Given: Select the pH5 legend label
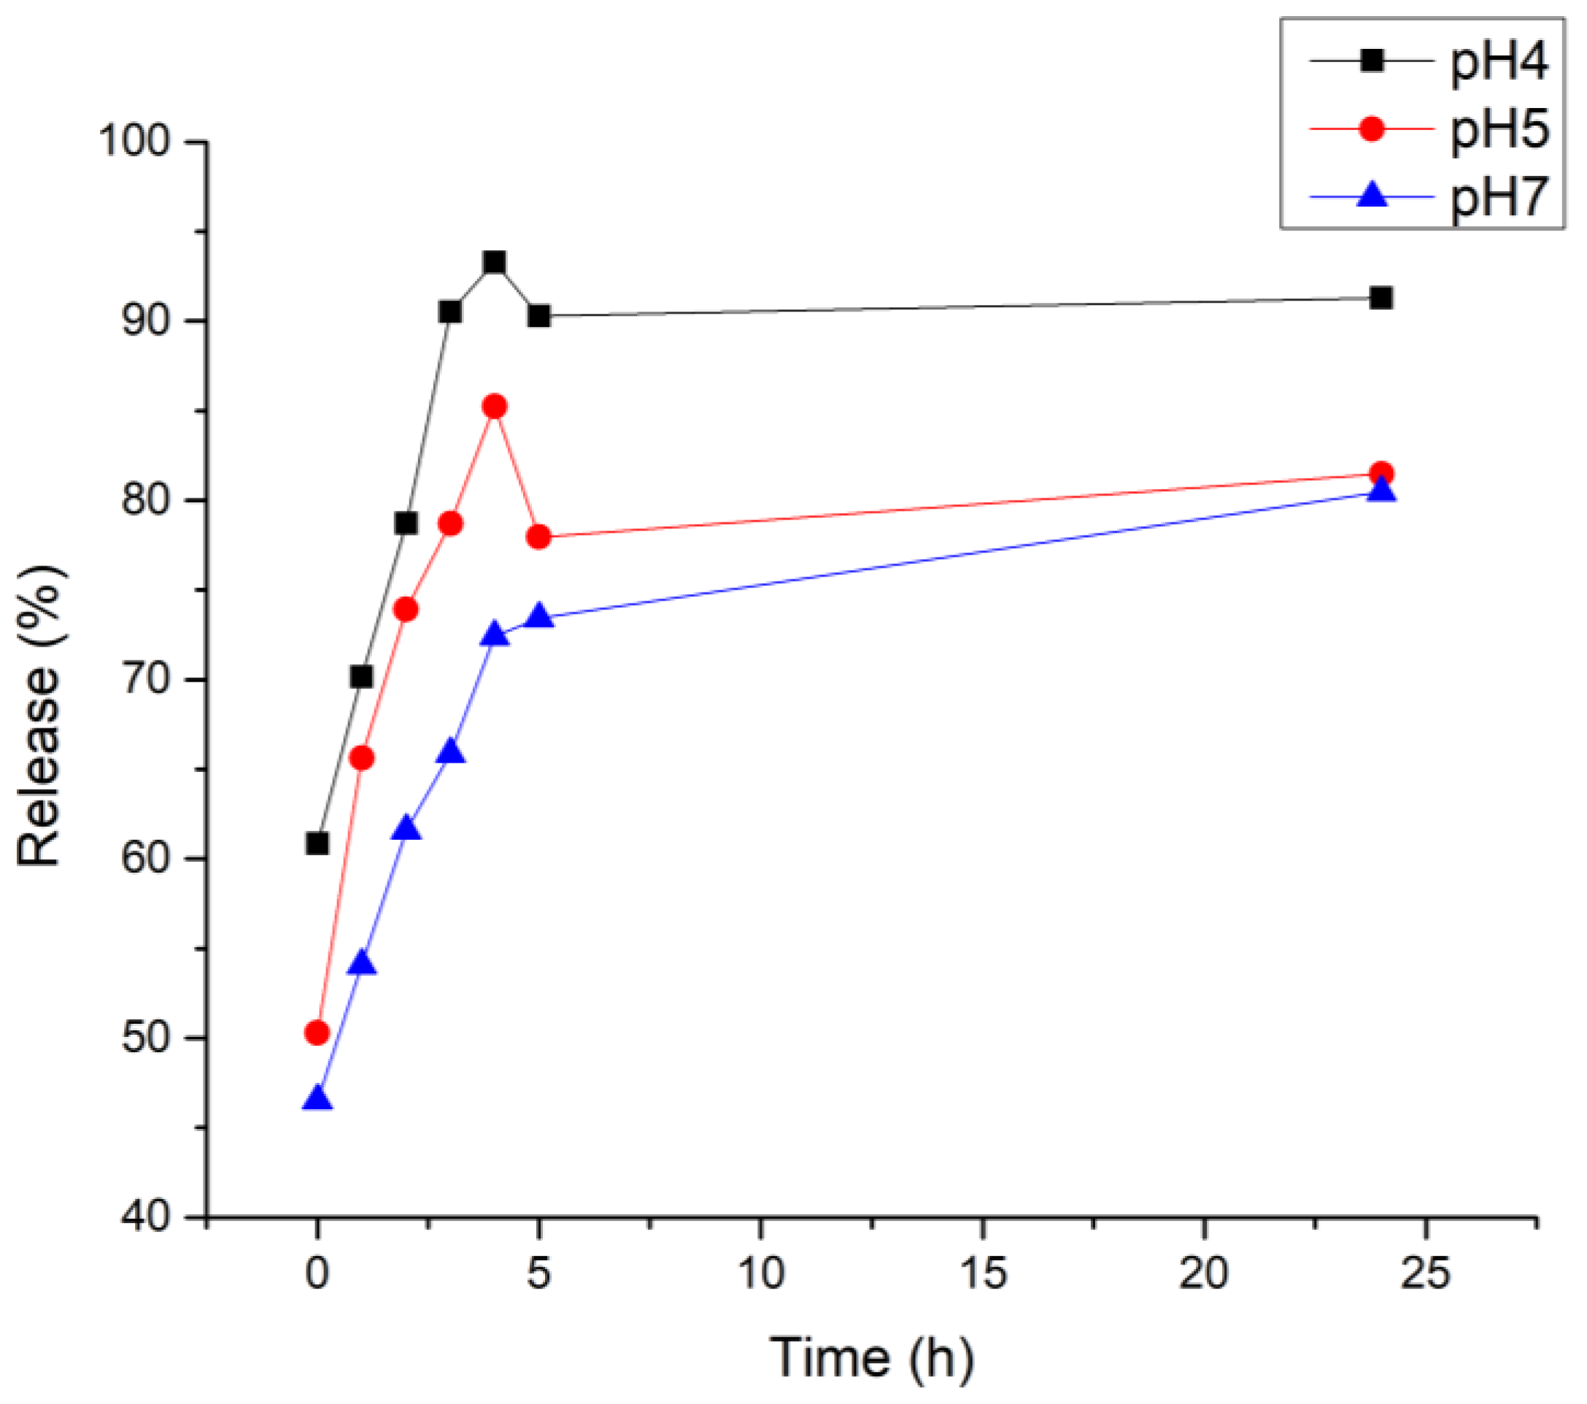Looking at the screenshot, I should point(1499,130).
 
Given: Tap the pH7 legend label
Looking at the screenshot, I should point(1499,197).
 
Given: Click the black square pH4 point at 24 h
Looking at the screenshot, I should point(1381,298).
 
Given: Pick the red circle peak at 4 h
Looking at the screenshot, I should point(495,406).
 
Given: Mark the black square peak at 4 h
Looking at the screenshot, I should point(495,263).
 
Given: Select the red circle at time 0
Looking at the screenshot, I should point(317,1033).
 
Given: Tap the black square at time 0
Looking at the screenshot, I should point(317,844).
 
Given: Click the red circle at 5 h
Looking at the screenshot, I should point(538,537).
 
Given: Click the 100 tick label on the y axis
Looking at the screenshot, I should point(134,142).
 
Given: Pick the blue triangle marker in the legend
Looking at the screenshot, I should point(1372,194).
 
